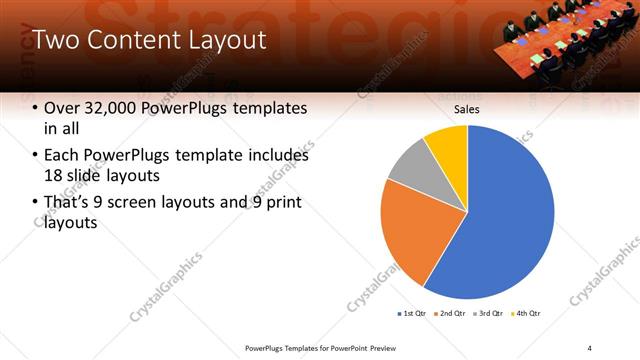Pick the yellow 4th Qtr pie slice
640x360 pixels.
point(446,144)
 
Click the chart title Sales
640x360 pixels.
point(468,109)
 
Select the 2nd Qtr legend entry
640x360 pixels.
point(452,314)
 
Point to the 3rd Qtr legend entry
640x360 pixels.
point(490,314)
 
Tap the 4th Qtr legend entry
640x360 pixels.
point(529,314)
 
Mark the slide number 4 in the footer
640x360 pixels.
point(590,347)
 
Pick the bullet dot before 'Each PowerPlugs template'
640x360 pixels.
point(37,156)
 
